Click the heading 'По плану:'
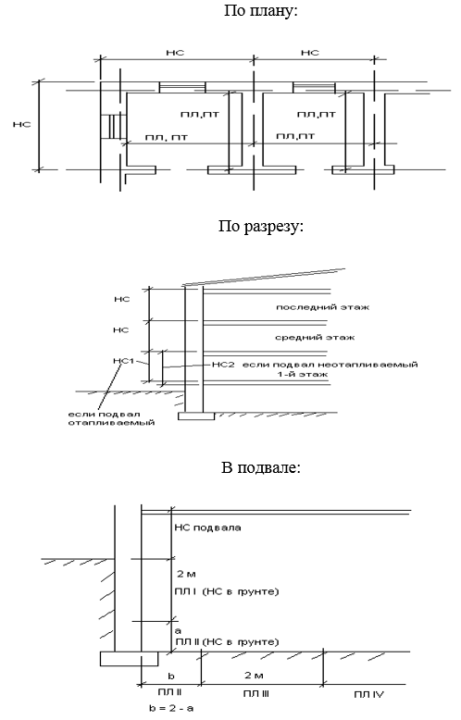pyautogui.click(x=261, y=10)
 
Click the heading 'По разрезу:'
pyautogui.click(x=261, y=227)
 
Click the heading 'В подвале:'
pyautogui.click(x=261, y=468)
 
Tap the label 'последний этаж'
pyautogui.click(x=322, y=306)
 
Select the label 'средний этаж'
pyautogui.click(x=315, y=338)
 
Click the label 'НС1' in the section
pyautogui.click(x=123, y=360)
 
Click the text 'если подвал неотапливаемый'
pyautogui.click(x=330, y=365)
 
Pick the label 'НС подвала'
pyautogui.click(x=207, y=528)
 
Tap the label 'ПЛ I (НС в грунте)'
pyautogui.click(x=227, y=591)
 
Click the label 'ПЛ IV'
pyautogui.click(x=368, y=694)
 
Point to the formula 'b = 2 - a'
pyautogui.click(x=171, y=708)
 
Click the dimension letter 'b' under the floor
pyautogui.click(x=171, y=676)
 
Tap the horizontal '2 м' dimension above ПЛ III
pyautogui.click(x=254, y=675)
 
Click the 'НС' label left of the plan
pyautogui.click(x=21, y=124)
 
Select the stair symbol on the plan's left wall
pyautogui.click(x=113, y=127)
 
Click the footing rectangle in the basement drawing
pyautogui.click(x=129, y=659)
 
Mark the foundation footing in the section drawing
pyautogui.click(x=196, y=416)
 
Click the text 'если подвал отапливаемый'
pyautogui.click(x=112, y=418)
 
